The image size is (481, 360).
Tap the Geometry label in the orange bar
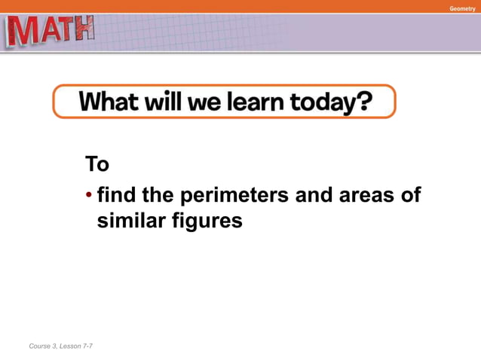click(x=462, y=8)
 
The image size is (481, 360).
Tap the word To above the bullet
click(x=97, y=163)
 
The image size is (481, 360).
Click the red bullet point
click(x=89, y=197)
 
